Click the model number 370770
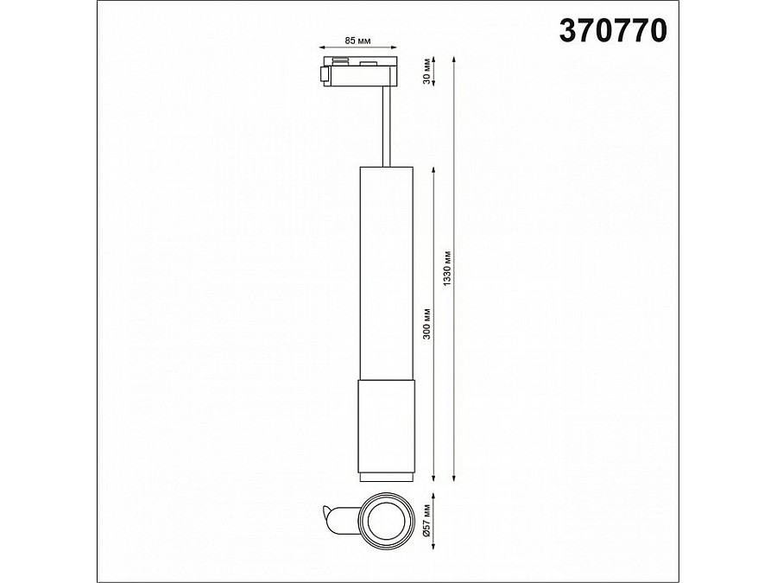[x=613, y=31]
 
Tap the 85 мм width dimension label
[x=357, y=41]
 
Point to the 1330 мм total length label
[x=447, y=268]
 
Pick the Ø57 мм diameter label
[x=427, y=520]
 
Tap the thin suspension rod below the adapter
[x=387, y=126]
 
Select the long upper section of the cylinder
[x=387, y=273]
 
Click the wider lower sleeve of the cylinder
[x=387, y=427]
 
